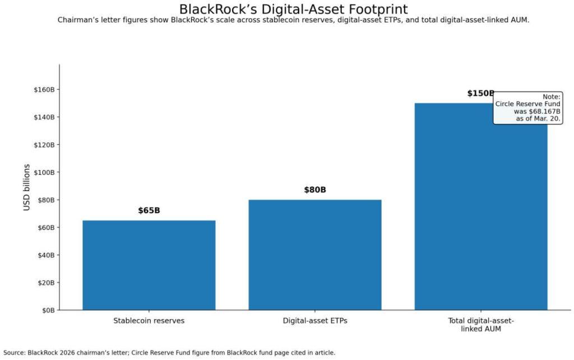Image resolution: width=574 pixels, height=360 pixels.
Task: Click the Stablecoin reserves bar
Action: click(x=149, y=265)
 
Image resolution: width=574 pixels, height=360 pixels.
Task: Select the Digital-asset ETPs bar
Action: click(x=314, y=255)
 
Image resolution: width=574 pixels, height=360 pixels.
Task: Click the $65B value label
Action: click(x=149, y=211)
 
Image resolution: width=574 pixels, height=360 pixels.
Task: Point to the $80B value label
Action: click(x=315, y=190)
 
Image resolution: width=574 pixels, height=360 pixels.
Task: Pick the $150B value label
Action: click(x=480, y=94)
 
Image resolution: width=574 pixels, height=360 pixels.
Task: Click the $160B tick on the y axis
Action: click(x=44, y=90)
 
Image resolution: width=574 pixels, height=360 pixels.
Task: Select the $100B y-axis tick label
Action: click(x=44, y=172)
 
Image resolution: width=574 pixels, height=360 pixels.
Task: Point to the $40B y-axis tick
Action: click(x=45, y=255)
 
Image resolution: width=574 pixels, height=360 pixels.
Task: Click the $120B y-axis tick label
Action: click(x=44, y=145)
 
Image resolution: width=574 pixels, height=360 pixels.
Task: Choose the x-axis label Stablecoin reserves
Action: click(x=149, y=321)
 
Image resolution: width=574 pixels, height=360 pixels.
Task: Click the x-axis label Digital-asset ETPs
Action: click(x=314, y=321)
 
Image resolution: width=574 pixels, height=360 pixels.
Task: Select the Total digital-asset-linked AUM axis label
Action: click(x=480, y=325)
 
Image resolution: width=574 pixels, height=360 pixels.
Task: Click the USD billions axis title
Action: click(x=27, y=187)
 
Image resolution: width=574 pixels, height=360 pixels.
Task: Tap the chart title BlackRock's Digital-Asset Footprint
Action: click(x=293, y=10)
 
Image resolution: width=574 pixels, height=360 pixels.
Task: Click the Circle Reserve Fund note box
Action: click(x=527, y=108)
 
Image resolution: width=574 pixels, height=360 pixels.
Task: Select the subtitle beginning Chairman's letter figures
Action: click(x=293, y=20)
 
